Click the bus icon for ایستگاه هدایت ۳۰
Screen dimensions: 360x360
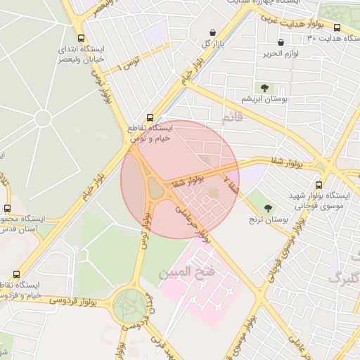[337, 28]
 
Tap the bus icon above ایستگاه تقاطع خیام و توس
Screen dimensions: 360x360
[149, 117]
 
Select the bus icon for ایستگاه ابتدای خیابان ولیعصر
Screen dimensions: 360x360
[82, 39]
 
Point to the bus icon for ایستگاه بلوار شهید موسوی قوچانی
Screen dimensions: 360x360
[319, 185]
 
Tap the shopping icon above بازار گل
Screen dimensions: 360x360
[213, 32]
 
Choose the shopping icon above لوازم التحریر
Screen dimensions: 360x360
[281, 42]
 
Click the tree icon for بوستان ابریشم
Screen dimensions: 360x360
[264, 88]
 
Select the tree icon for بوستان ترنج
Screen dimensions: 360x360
[269, 208]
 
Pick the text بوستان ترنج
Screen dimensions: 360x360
[268, 220]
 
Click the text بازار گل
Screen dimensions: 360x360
[215, 44]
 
